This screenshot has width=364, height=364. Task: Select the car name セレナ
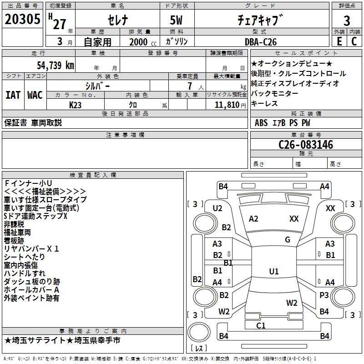coord(117,20)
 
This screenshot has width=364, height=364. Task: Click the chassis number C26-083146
coord(306,145)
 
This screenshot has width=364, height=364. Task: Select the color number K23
coord(76,105)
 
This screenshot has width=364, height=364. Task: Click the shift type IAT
coord(13,95)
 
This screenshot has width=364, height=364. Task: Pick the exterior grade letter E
coord(339,41)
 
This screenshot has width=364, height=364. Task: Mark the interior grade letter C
coord(354,41)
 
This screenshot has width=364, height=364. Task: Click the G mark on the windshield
coord(288,240)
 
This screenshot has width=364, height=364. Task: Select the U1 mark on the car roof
coord(273,272)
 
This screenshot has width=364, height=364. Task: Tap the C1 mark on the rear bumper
coord(261,325)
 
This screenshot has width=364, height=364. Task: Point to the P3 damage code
coord(324,295)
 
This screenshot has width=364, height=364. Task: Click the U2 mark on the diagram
coord(217,208)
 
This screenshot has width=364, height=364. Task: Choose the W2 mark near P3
coord(292,303)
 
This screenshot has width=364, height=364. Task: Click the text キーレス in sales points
coord(264,103)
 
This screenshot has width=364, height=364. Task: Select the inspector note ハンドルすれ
coord(25,273)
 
